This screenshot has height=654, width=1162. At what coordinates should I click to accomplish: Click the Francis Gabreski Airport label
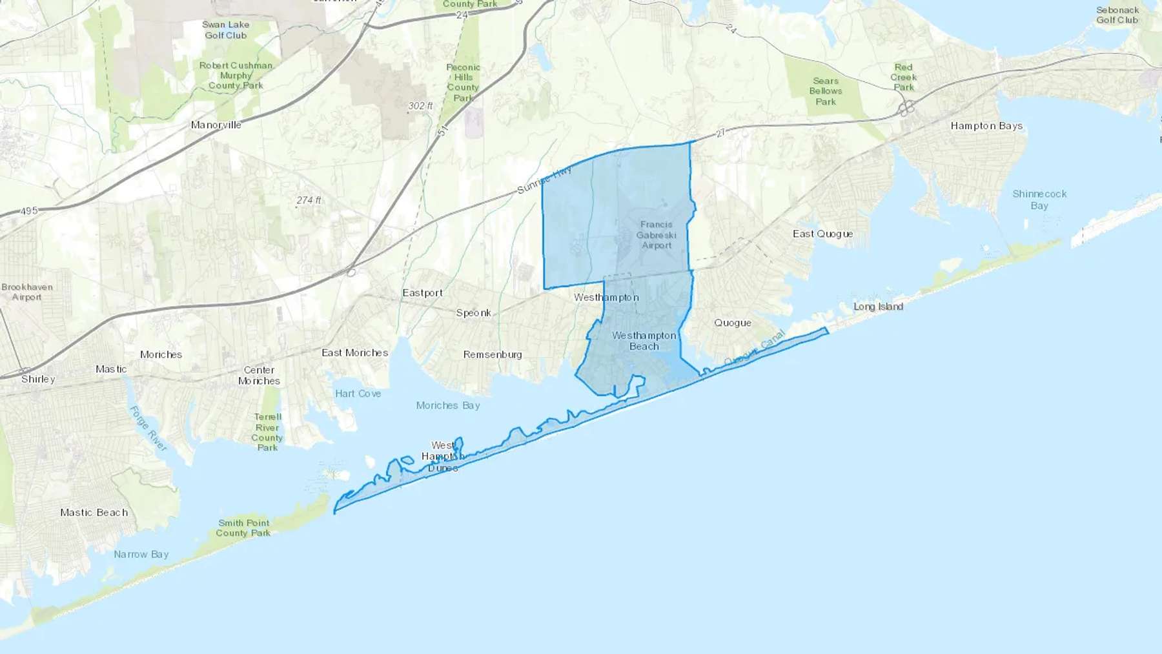(x=656, y=235)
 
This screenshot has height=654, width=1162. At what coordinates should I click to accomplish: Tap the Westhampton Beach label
(x=644, y=341)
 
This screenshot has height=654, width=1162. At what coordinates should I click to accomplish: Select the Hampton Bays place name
(x=986, y=126)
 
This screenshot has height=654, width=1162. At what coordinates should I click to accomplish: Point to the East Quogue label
(x=822, y=234)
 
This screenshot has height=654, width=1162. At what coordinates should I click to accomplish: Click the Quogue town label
(x=732, y=323)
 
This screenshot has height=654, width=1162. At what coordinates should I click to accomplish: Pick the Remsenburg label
(x=492, y=354)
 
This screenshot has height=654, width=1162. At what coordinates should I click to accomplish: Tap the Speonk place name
(x=473, y=313)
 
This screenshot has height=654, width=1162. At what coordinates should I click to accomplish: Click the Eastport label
(x=422, y=293)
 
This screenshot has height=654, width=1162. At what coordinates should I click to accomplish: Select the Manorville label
(x=216, y=125)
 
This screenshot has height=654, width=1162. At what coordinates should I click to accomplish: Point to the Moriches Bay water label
(x=447, y=405)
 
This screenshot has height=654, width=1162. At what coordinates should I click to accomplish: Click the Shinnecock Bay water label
(x=1039, y=199)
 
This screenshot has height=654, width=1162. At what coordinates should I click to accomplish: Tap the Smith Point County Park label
(x=243, y=528)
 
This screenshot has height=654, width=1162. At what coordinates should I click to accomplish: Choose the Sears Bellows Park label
(x=825, y=91)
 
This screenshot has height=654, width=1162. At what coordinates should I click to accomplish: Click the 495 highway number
(x=29, y=211)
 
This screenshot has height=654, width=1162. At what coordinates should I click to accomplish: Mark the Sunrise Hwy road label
(x=544, y=180)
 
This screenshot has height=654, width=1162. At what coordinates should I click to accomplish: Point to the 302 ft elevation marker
(x=420, y=106)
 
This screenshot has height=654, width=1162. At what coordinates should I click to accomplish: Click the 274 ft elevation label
(x=309, y=200)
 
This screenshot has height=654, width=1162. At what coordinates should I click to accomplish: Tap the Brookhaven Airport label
(x=26, y=292)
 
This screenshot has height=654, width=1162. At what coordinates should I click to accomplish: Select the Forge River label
(x=148, y=429)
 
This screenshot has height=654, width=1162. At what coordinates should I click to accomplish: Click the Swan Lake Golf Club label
(x=225, y=30)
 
